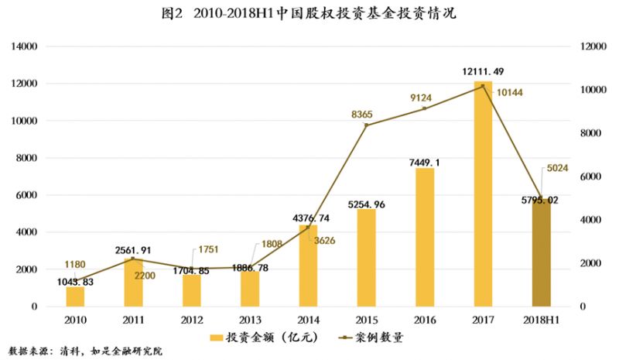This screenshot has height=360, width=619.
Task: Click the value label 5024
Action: click(558, 166)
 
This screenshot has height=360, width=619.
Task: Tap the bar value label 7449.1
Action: click(424, 162)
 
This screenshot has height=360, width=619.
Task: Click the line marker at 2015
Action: click(366, 125)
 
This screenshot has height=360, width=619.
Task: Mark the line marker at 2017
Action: click(483, 86)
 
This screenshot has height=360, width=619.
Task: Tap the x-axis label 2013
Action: click(249, 319)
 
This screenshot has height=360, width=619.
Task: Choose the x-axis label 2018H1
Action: click(541, 319)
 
